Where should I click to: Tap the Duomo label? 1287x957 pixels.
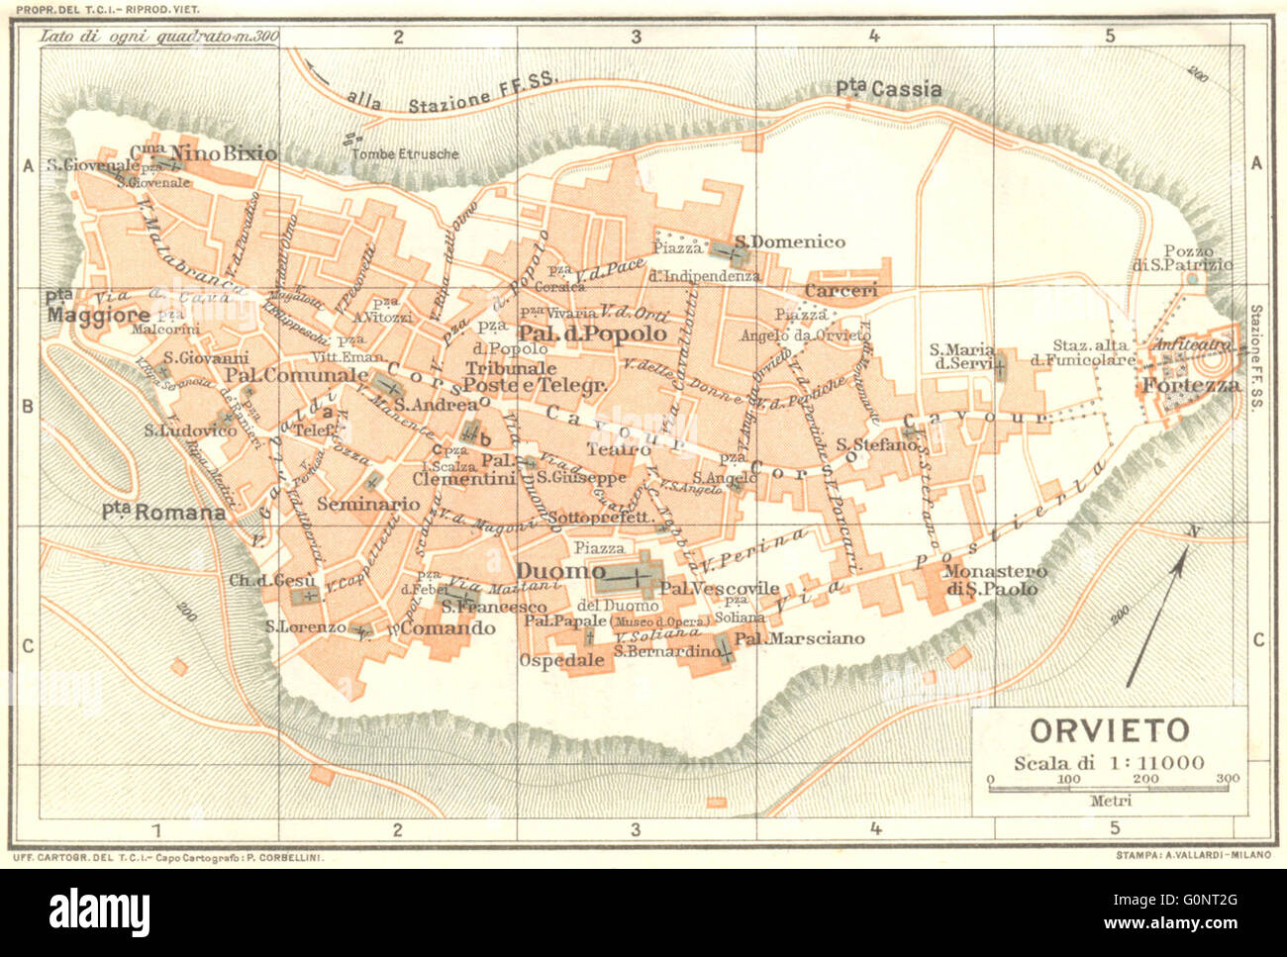click(559, 572)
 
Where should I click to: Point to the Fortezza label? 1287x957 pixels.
click(1192, 385)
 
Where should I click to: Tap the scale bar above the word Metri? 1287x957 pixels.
click(1109, 788)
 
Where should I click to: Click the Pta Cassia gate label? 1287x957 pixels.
click(888, 89)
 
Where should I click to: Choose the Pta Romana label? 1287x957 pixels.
click(163, 512)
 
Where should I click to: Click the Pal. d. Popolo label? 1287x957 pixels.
click(592, 334)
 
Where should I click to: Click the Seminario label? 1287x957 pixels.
click(368, 504)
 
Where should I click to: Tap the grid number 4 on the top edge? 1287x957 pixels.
click(873, 37)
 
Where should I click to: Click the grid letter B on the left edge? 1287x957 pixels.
click(28, 405)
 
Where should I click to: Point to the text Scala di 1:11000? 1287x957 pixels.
click(1109, 762)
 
